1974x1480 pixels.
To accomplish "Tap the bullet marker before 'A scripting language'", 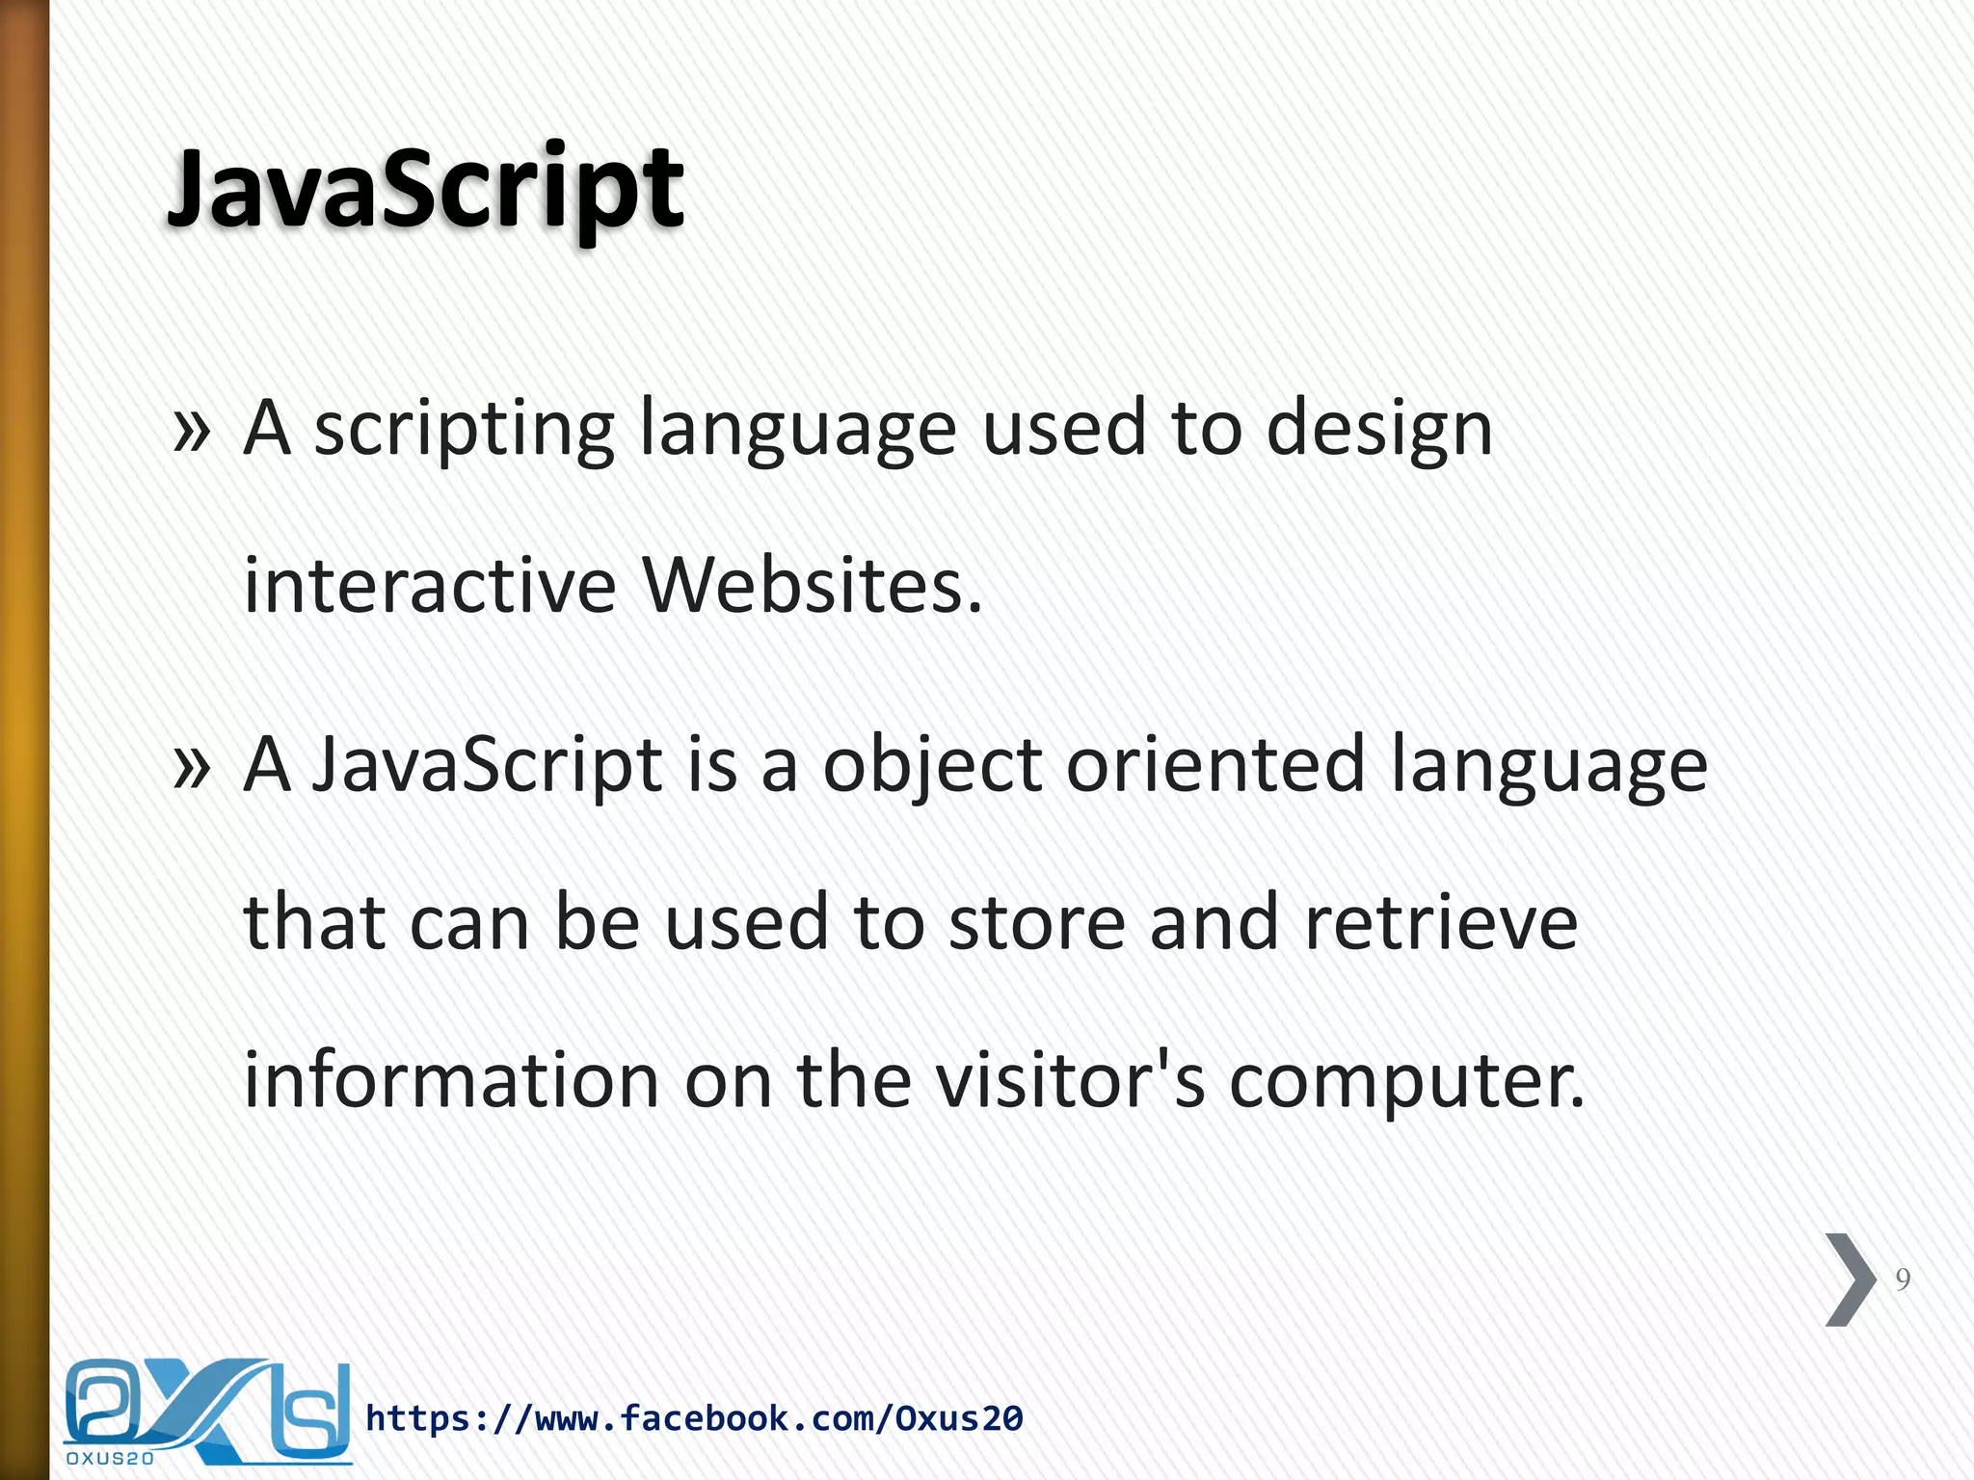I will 191,431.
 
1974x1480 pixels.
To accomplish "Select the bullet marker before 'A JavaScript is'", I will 191,767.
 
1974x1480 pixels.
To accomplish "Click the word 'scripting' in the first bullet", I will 465,431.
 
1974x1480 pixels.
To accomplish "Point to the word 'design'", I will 1379,431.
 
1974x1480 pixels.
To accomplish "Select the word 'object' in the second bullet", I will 932,767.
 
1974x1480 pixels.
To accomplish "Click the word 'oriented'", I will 1216,765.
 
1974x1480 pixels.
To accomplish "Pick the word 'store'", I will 1037,923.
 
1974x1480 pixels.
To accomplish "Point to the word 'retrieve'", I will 1441,923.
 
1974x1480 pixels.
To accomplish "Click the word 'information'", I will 451,1080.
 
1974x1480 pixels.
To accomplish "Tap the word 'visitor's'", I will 1071,1080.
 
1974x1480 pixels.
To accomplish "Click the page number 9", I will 1903,1280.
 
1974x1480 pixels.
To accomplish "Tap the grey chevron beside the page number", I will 1851,1280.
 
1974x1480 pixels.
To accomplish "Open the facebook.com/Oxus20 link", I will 694,1418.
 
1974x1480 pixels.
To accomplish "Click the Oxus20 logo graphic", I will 207,1409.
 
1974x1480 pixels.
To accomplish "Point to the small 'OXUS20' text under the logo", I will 110,1459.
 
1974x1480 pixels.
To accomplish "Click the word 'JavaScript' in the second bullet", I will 488,767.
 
